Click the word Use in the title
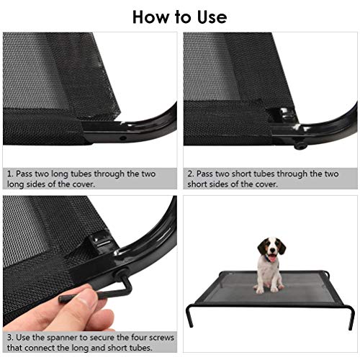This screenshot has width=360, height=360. coord(212,17)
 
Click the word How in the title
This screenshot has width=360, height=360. coord(150,17)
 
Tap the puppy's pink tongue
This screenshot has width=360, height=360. coord(271,258)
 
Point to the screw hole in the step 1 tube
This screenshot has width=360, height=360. coord(123,138)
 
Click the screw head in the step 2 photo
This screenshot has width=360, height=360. coord(300,145)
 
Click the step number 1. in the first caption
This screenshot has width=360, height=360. coord(10,174)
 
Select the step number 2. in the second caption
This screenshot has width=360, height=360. coord(191,174)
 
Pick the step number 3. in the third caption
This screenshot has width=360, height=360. coord(10,338)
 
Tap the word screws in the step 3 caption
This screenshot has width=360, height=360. coord(161,338)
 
